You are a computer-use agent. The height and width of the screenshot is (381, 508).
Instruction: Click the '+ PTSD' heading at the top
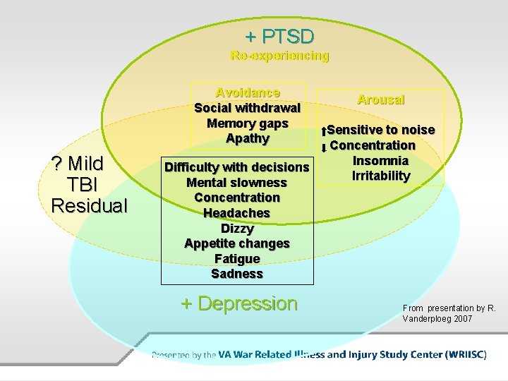pyautogui.click(x=279, y=36)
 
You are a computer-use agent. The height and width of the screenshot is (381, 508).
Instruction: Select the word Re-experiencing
pyautogui.click(x=279, y=56)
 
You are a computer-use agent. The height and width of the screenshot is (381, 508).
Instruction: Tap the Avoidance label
pyautogui.click(x=248, y=92)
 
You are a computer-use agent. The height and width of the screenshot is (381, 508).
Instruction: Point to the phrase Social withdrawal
pyautogui.click(x=248, y=108)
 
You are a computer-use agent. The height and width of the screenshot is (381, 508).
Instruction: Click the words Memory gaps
pyautogui.click(x=248, y=123)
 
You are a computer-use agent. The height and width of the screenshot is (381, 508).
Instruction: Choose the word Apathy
pyautogui.click(x=248, y=138)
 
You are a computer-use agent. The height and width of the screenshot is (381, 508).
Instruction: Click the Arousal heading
pyautogui.click(x=381, y=99)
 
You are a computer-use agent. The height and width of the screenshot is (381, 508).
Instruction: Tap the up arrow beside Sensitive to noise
pyautogui.click(x=322, y=131)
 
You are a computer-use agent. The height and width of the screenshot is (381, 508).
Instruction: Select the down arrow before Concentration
pyautogui.click(x=322, y=147)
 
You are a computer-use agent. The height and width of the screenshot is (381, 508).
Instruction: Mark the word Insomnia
pyautogui.click(x=381, y=161)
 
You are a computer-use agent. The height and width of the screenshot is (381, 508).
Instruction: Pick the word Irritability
pyautogui.click(x=381, y=176)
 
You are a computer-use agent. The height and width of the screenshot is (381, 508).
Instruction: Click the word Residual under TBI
pyautogui.click(x=90, y=205)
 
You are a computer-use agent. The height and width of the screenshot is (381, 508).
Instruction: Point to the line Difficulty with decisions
pyautogui.click(x=237, y=167)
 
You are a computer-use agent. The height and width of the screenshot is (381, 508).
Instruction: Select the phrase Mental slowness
pyautogui.click(x=237, y=183)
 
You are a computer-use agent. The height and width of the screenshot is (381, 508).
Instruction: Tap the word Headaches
pyautogui.click(x=237, y=213)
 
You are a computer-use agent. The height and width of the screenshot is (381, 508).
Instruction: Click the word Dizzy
pyautogui.click(x=237, y=229)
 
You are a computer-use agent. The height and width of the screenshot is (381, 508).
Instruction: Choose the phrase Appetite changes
pyautogui.click(x=237, y=243)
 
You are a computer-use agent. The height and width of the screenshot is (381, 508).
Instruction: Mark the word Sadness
pyautogui.click(x=237, y=274)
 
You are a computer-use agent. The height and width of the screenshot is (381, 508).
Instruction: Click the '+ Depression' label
pyautogui.click(x=239, y=304)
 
